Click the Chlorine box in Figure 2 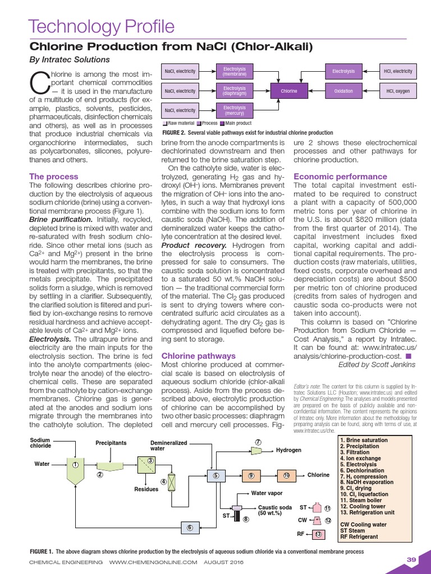coord(288,90)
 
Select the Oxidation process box coord(343,90)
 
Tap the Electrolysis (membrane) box coord(234,71)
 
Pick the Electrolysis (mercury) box coord(234,110)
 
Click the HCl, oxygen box coord(398,90)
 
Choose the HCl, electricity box coord(398,71)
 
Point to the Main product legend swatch coord(223,123)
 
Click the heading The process coord(54,177)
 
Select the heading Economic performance coord(337,177)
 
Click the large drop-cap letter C coord(39,83)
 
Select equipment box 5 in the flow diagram coord(215,475)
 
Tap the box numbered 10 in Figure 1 coord(286,475)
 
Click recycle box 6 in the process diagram coord(190,527)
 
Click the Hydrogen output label coord(288,450)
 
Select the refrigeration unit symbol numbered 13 coord(318,534)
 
